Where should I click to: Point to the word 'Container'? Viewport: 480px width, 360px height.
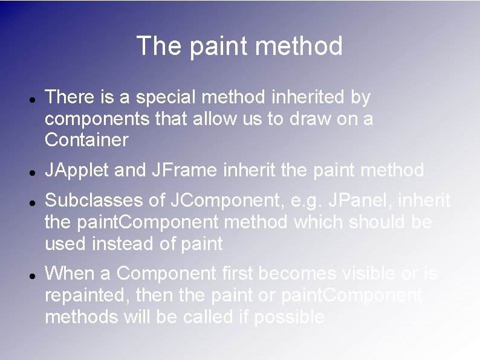coord(86,141)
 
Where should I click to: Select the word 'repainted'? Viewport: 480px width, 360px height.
coord(87,295)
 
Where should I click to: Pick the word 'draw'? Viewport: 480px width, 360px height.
coord(306,119)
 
